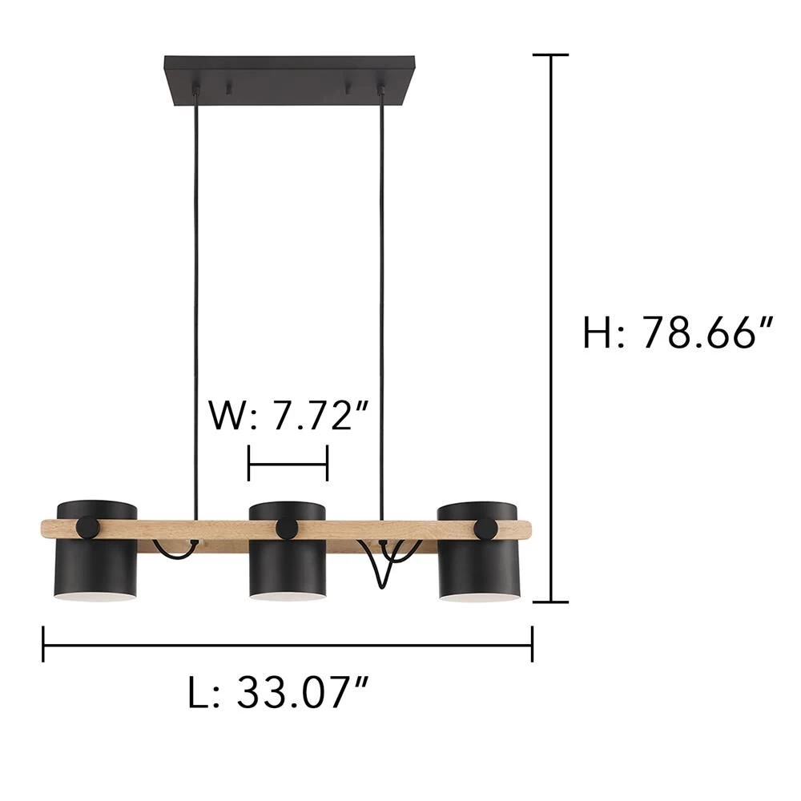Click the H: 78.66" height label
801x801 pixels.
pyautogui.click(x=678, y=332)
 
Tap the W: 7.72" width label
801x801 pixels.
pyautogui.click(x=288, y=415)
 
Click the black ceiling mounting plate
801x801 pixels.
pyautogui.click(x=290, y=81)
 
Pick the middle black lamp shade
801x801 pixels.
pyautogui.click(x=287, y=549)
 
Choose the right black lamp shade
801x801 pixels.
pyautogui.click(x=478, y=551)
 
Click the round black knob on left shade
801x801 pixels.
pyautogui.click(x=89, y=528)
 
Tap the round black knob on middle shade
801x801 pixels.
pyautogui.click(x=287, y=529)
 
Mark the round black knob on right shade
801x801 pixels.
pyautogui.click(x=486, y=529)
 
